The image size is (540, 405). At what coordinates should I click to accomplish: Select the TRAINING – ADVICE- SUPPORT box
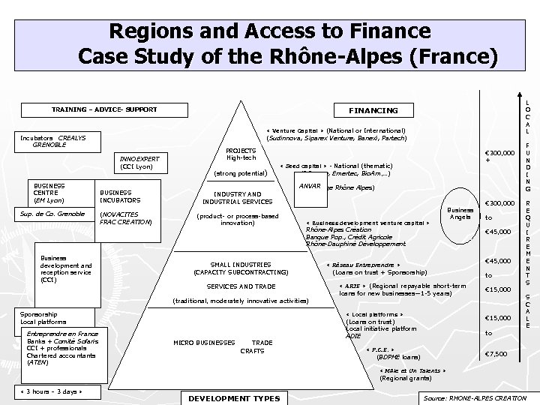(104, 109)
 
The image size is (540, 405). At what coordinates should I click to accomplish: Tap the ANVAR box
(309, 185)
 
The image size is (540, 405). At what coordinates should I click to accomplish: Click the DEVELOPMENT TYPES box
(234, 398)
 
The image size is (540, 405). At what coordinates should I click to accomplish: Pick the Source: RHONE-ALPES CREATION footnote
(475, 398)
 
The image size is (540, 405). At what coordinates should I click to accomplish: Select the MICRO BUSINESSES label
(205, 342)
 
